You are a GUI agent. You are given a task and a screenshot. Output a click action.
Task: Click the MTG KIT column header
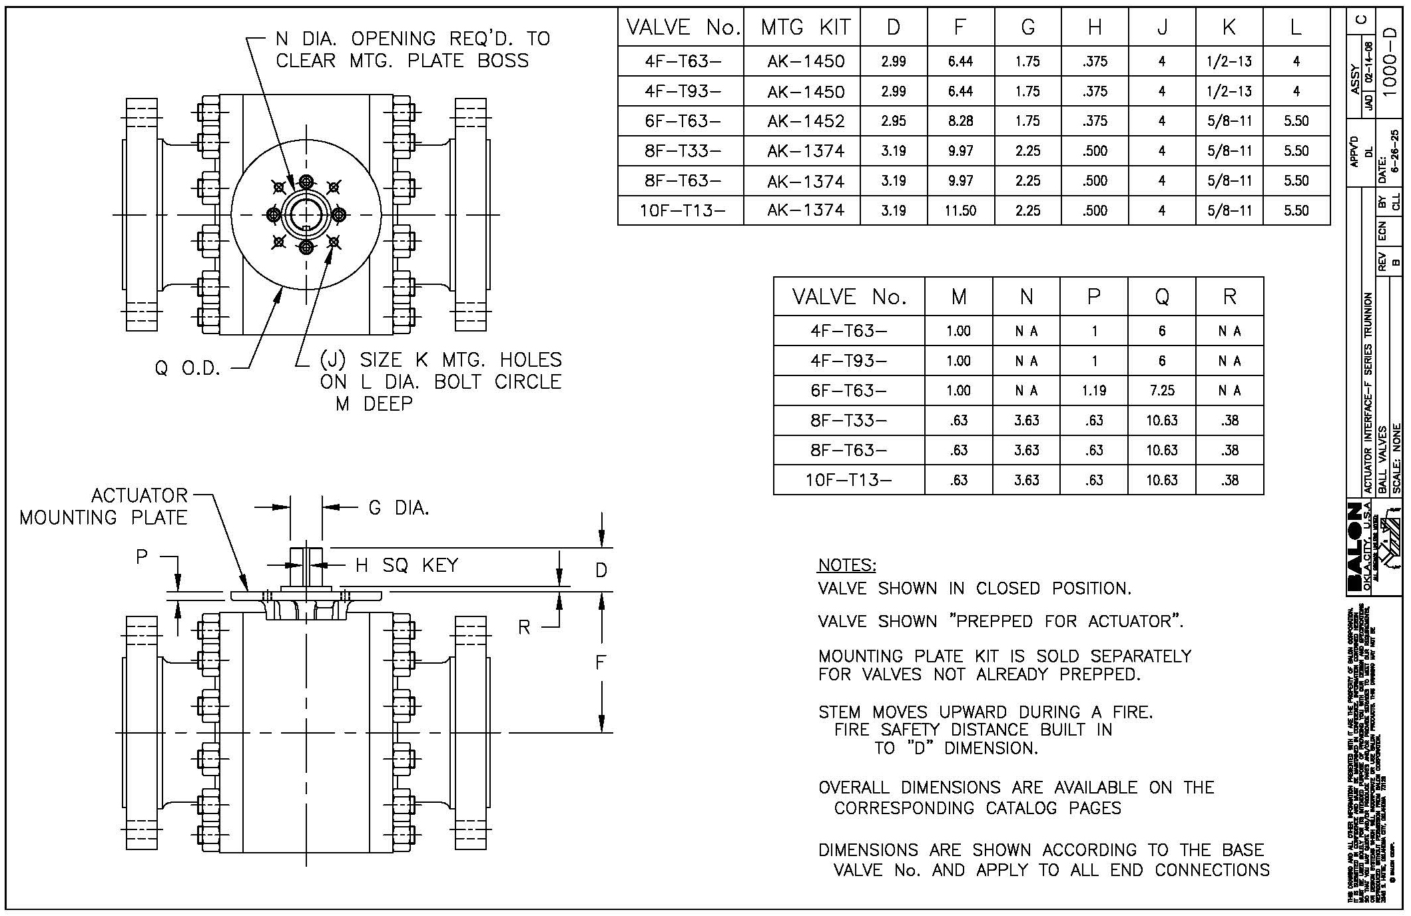click(805, 27)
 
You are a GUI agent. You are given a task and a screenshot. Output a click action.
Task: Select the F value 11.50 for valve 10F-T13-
click(960, 211)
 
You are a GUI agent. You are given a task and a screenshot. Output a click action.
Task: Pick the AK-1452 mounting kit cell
click(805, 121)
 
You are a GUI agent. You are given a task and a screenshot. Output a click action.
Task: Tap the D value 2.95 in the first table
click(893, 121)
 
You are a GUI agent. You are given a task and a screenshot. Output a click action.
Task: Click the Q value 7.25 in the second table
click(1161, 391)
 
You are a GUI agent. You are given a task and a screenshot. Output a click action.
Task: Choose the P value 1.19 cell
click(1093, 391)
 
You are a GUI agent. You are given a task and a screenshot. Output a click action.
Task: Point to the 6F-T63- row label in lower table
click(848, 391)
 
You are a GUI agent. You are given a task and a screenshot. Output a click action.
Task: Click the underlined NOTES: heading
click(847, 565)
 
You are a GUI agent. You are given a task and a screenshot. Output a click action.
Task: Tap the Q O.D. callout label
click(187, 368)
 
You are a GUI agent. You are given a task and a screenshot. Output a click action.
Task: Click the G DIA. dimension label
click(398, 509)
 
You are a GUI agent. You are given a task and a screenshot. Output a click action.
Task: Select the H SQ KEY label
click(406, 566)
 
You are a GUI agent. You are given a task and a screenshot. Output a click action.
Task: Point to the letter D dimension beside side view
click(601, 571)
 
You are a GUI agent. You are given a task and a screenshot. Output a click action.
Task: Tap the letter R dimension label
click(524, 628)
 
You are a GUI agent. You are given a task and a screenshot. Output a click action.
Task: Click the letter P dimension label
click(142, 557)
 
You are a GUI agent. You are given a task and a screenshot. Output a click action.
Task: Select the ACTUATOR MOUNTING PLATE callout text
click(104, 507)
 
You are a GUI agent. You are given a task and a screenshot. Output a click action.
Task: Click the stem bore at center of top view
click(306, 214)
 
